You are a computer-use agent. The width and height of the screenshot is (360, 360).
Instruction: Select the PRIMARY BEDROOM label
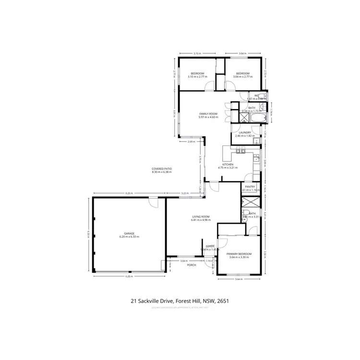point(239,253)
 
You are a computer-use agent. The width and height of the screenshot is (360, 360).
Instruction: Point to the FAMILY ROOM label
point(208,114)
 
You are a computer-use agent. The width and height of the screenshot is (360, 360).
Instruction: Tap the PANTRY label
point(250,187)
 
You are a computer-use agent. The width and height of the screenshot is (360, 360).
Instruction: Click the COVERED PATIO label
point(162,169)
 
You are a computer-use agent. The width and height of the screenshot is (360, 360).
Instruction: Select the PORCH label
point(192,264)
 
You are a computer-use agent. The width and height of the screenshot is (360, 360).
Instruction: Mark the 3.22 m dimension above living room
point(184,193)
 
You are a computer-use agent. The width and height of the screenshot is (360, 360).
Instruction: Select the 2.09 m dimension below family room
point(191,142)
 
